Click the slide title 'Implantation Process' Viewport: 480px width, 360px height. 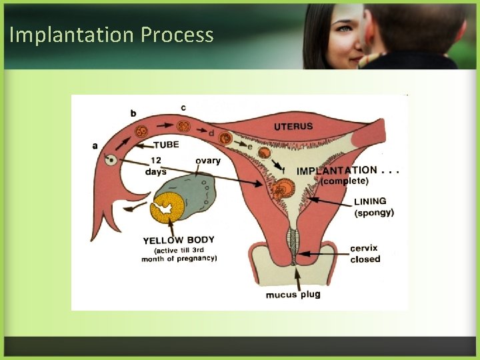coord(111,35)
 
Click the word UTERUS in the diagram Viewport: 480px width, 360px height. coord(293,126)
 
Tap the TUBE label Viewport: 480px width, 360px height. coord(166,145)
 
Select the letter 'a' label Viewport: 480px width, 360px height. coord(95,145)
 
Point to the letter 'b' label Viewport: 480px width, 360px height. coord(133,113)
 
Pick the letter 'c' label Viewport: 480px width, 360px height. coord(183,107)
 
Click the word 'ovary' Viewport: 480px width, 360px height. coord(208,161)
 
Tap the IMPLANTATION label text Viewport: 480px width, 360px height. coord(337,171)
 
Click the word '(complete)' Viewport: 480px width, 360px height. coord(344,181)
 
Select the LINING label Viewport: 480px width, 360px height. coord(370,201)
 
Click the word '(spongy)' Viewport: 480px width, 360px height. coord(374,213)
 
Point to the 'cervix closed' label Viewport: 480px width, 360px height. coord(365,254)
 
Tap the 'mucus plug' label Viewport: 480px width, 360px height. coord(293,294)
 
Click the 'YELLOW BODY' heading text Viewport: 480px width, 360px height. coord(179,240)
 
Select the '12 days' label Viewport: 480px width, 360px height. coord(155,165)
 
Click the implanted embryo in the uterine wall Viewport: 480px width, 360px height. coord(285,189)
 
